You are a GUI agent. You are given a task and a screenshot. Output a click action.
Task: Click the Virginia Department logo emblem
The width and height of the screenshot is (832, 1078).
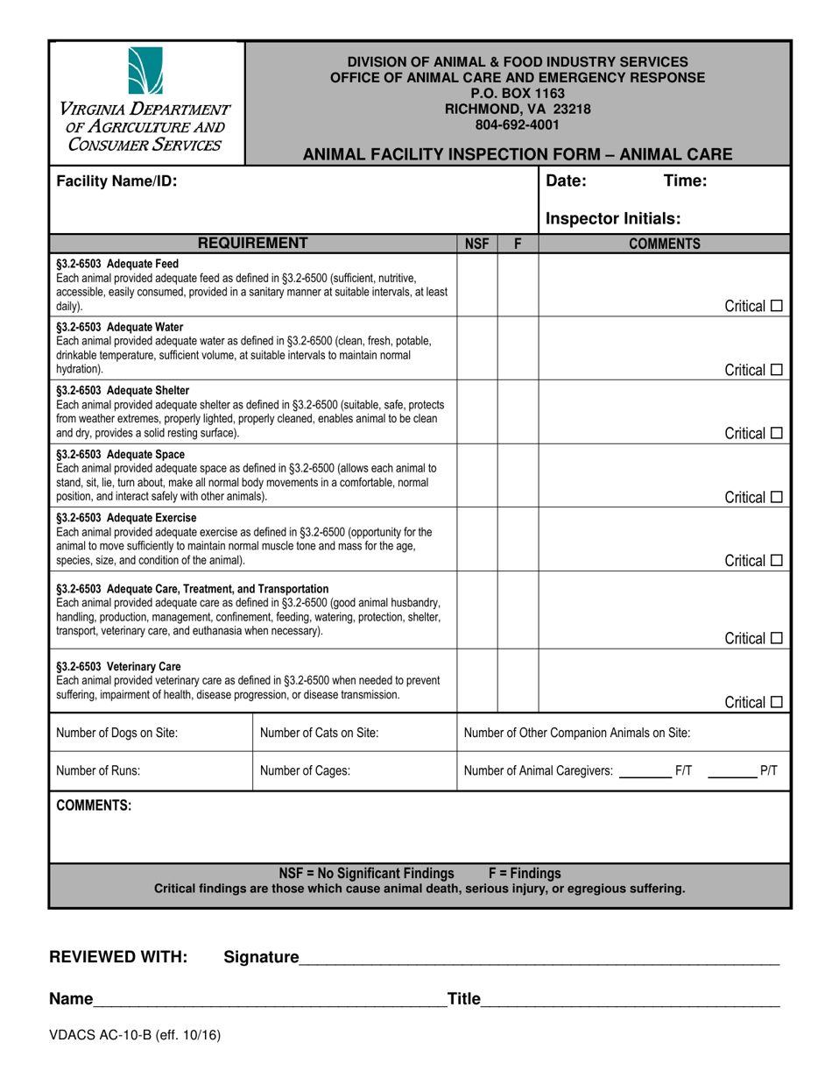click(145, 71)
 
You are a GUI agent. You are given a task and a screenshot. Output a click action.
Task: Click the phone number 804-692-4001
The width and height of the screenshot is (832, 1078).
click(518, 124)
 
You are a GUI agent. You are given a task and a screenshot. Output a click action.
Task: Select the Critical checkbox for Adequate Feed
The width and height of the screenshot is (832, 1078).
click(776, 307)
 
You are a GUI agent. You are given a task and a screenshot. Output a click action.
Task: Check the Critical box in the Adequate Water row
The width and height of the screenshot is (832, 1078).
click(776, 371)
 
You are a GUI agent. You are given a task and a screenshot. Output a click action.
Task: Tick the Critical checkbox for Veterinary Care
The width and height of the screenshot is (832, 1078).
click(776, 702)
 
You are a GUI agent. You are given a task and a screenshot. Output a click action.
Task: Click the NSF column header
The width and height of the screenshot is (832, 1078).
click(476, 244)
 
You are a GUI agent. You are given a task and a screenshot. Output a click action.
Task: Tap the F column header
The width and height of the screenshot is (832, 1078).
click(518, 244)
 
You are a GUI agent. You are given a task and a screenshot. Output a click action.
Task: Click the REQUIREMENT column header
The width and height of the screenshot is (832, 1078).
click(252, 243)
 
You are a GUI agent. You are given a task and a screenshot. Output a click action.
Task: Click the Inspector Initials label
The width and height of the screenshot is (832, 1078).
click(613, 218)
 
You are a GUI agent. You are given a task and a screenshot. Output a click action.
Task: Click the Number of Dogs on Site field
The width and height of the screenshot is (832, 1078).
click(150, 734)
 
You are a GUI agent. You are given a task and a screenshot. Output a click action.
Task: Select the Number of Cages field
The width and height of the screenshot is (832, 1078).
click(354, 771)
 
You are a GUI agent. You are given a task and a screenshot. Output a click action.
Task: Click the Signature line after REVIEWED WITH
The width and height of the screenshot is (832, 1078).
click(539, 958)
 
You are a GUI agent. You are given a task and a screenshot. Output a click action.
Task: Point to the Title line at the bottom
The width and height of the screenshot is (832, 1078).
click(631, 1000)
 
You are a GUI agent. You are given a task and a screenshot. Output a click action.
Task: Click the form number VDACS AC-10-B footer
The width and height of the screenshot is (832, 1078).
click(134, 1034)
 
